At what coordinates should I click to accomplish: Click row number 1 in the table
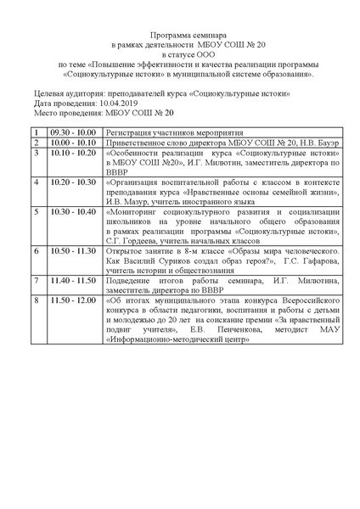(37, 133)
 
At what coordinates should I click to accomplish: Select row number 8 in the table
(37, 300)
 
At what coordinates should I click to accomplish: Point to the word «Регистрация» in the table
(130, 133)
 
